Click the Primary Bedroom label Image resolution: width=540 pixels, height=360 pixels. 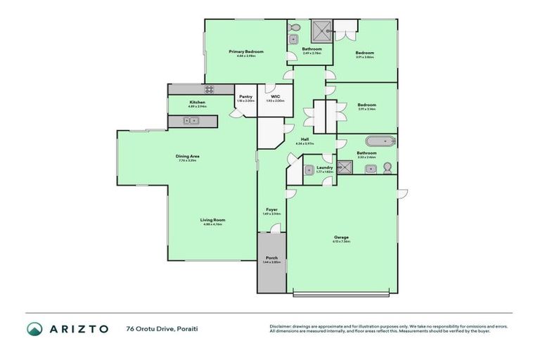click(x=246, y=52)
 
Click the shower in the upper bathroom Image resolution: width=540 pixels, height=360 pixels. click(x=320, y=31)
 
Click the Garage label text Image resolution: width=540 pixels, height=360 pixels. click(x=341, y=237)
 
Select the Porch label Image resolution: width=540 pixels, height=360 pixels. click(x=271, y=258)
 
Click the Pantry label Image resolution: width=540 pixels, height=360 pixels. click(x=245, y=96)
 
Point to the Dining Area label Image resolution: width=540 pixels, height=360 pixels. click(x=188, y=156)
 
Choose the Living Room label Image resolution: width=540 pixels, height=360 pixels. click(x=213, y=219)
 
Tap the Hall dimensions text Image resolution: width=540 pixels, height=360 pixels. click(x=304, y=144)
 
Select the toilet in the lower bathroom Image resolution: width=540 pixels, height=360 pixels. click(x=387, y=168)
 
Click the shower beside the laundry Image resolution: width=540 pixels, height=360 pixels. click(x=345, y=167)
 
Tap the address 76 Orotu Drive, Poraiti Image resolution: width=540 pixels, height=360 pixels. click(x=158, y=329)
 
